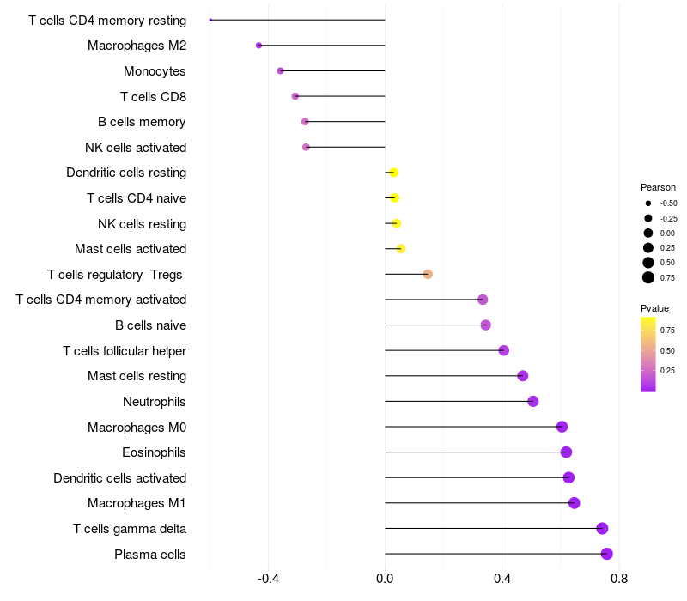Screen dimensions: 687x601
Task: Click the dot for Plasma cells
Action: click(607, 554)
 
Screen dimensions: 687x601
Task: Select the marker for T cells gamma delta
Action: click(602, 528)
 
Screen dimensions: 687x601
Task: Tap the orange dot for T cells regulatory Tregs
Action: click(428, 274)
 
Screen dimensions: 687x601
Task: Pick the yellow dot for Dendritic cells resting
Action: click(393, 173)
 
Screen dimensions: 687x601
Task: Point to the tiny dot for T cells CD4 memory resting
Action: click(210, 20)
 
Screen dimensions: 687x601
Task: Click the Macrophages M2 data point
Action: click(259, 46)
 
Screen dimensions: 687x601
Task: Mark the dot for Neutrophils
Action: click(532, 401)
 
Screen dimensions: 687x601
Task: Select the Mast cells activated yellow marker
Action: click(401, 249)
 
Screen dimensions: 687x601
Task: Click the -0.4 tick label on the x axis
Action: click(268, 579)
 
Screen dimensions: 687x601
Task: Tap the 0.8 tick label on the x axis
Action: click(619, 579)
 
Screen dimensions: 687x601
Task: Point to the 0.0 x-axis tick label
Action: click(385, 579)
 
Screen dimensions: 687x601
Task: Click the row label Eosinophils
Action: click(154, 452)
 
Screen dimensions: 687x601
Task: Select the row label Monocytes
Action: click(155, 71)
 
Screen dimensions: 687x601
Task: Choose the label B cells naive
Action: click(151, 325)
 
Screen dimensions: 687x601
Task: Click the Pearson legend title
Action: click(658, 187)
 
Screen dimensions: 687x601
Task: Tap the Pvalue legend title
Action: click(654, 308)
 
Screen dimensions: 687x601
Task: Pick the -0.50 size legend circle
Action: click(648, 203)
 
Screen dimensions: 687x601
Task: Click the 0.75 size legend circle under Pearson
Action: click(648, 277)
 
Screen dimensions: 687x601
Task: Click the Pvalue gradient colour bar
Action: click(648, 354)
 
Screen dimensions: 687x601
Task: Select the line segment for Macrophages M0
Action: click(473, 427)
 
